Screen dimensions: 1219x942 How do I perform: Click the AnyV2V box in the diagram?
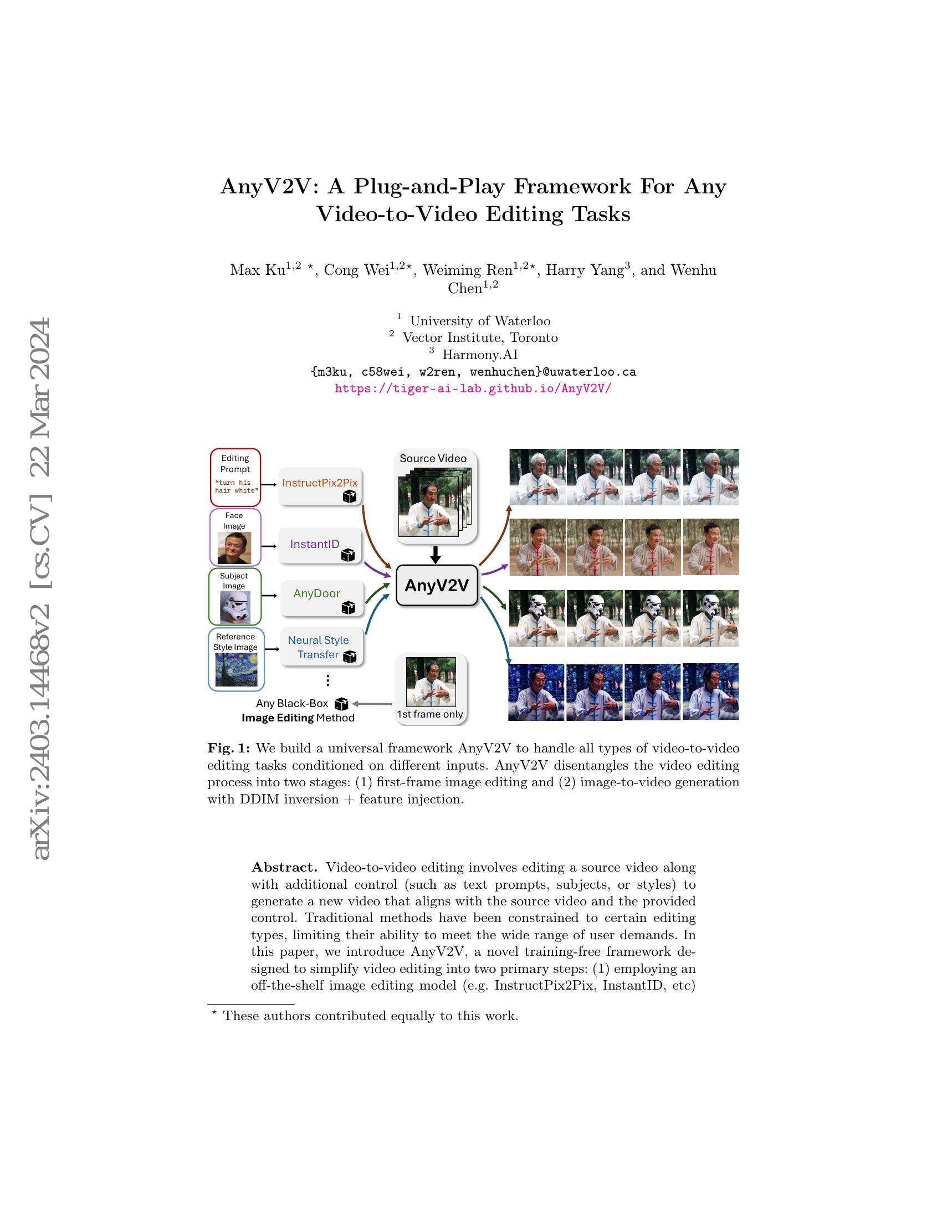[437, 585]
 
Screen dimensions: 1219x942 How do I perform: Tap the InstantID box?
[320, 545]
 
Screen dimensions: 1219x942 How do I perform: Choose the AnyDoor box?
[321, 598]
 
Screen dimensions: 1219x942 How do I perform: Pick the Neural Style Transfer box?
[321, 647]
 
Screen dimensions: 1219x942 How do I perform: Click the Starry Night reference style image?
[236, 669]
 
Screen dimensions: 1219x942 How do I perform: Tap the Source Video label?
[433, 459]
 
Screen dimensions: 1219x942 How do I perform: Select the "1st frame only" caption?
[429, 714]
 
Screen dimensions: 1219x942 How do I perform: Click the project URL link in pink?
[473, 388]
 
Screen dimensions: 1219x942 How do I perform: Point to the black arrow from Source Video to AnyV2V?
[436, 555]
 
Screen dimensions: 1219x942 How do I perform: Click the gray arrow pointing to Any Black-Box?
[372, 704]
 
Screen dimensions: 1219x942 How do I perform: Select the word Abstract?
[284, 867]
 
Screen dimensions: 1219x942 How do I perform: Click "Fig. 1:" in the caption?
[229, 748]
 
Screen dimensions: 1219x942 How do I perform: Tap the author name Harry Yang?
[583, 271]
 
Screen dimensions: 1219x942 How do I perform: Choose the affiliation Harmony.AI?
[479, 355]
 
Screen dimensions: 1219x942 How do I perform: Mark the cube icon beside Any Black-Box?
[341, 704]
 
